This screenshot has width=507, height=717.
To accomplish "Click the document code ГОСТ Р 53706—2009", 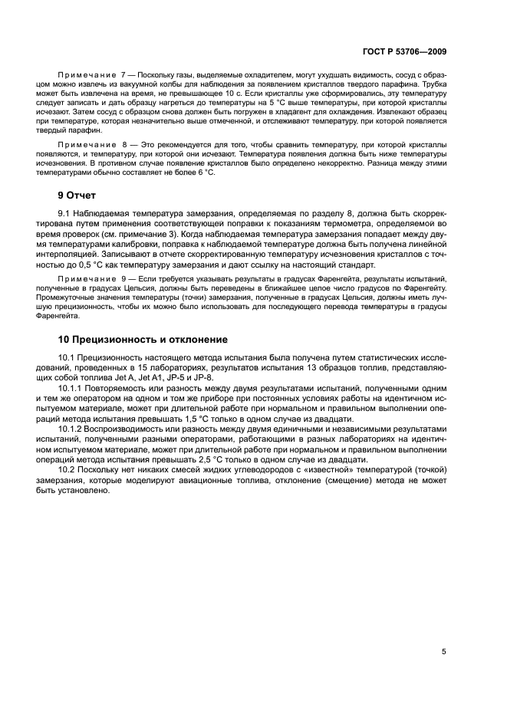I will (x=404, y=51).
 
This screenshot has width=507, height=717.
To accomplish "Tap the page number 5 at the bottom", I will (x=444, y=652).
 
